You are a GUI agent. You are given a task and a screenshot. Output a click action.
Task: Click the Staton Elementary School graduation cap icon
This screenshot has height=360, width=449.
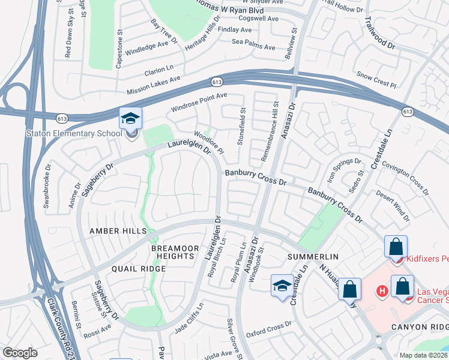coord(129,118)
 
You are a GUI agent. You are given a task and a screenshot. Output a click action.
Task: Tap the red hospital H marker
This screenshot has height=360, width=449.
coord(381,292)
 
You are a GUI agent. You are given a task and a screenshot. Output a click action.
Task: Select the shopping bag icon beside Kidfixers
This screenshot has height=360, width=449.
coord(396,247)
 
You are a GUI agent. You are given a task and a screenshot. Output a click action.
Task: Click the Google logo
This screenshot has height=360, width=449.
coord(20,353)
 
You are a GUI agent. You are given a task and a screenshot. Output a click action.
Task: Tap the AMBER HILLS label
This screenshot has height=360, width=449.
coord(118,231)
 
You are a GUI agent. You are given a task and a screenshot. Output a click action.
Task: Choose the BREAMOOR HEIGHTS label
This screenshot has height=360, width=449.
coord(172,252)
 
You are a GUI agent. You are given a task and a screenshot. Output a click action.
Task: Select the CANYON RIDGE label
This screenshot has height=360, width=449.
coord(419,327)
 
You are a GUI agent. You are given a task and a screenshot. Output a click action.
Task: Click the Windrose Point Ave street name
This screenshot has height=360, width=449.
coord(199,103)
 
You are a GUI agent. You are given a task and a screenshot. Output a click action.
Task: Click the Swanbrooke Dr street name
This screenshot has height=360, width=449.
coord(47,191)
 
